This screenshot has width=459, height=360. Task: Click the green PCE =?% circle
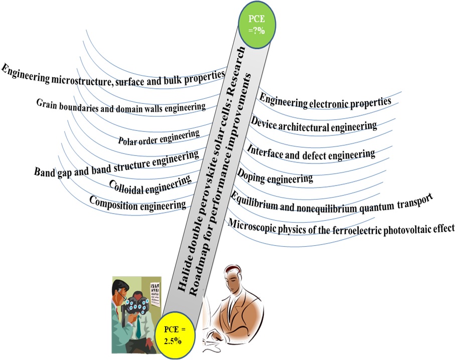pyautogui.click(x=259, y=25)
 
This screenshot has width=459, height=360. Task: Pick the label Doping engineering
pyautogui.click(x=275, y=176)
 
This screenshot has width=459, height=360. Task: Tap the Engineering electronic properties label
pyautogui.click(x=325, y=101)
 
